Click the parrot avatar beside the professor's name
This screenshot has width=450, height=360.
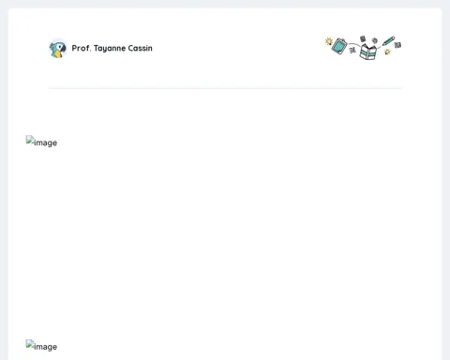(58, 49)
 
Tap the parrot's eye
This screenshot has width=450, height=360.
(60, 46)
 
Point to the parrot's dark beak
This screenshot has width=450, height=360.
(63, 49)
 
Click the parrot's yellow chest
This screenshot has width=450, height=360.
(57, 54)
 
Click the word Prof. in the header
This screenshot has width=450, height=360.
(82, 48)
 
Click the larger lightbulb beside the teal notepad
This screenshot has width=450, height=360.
(329, 41)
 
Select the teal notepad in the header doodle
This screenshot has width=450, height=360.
(339, 46)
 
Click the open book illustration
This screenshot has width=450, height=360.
(367, 52)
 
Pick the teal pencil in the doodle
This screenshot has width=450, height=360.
(388, 41)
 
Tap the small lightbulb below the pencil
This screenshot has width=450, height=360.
(387, 52)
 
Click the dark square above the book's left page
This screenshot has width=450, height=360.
(363, 38)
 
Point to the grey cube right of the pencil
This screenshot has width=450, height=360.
(397, 45)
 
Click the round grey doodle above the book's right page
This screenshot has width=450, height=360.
(375, 40)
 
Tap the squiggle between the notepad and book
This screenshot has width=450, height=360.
(352, 50)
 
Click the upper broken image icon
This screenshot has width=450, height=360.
(30, 140)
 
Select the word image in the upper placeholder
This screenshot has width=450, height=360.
(46, 142)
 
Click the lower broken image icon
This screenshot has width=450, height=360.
(30, 344)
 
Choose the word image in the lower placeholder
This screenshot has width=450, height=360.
(46, 347)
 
